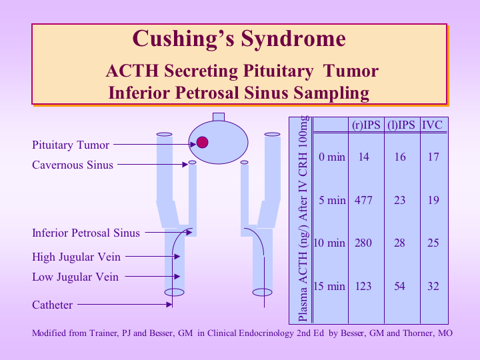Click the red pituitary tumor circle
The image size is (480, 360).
click(203, 143)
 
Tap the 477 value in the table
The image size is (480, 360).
click(363, 200)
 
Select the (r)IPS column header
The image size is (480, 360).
click(366, 125)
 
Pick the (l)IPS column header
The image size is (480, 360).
click(401, 125)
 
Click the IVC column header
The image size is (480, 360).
click(432, 125)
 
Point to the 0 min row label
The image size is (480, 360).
click(332, 157)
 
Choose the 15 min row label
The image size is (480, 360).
click(329, 286)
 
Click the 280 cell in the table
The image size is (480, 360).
click(363, 243)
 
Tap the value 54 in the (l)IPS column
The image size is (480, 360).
click(399, 286)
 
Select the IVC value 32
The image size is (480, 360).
click(433, 286)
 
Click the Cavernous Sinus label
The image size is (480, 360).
click(73, 165)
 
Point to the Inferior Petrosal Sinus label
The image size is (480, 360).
click(86, 233)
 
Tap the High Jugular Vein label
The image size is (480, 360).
click(76, 257)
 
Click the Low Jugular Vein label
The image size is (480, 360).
click(75, 277)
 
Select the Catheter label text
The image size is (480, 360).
click(53, 305)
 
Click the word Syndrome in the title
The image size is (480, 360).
click(293, 39)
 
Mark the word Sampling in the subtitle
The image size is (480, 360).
click(331, 93)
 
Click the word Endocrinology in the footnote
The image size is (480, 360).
click(266, 333)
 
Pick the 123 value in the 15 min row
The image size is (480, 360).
click(363, 286)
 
